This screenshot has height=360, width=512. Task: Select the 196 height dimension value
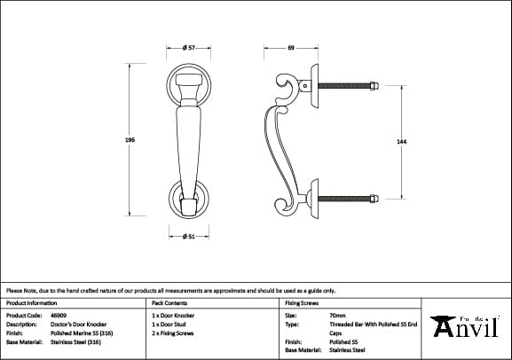(x=130, y=139)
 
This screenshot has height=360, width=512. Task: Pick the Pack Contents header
(x=169, y=302)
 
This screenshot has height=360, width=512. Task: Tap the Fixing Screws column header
(x=302, y=302)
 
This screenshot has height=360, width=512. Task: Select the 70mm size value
(x=337, y=315)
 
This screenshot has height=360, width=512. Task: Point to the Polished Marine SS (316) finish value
(x=81, y=333)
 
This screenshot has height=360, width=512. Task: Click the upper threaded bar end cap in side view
(x=375, y=86)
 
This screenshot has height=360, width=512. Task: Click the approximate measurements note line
(x=170, y=290)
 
